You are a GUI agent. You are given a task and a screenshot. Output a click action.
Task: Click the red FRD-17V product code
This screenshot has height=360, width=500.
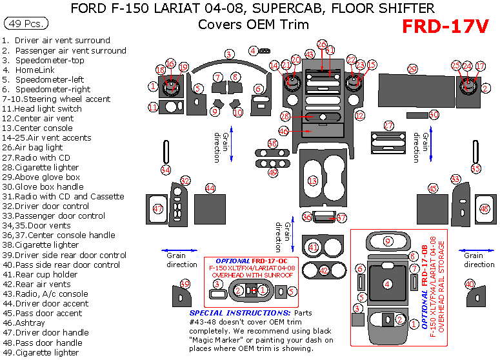click(x=445, y=26)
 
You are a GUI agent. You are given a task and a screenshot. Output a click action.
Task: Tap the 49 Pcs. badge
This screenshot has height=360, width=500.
click(x=25, y=24)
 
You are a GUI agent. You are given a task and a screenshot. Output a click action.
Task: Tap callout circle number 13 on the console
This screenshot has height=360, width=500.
click(x=313, y=181)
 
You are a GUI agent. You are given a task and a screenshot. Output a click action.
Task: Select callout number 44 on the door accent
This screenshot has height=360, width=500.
click(x=210, y=188)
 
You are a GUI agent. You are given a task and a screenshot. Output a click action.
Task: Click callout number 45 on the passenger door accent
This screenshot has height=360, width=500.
click(x=433, y=188)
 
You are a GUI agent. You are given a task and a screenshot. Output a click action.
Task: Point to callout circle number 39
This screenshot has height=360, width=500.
click(x=186, y=285)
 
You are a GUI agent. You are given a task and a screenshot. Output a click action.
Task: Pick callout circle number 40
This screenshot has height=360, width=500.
click(x=470, y=284)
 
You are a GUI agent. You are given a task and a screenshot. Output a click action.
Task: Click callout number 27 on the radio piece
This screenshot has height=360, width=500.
click(x=388, y=125)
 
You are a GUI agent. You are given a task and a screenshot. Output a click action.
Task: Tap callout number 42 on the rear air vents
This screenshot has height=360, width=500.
click(x=324, y=270)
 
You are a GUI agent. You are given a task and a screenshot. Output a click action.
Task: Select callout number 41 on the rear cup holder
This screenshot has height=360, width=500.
click(x=314, y=246)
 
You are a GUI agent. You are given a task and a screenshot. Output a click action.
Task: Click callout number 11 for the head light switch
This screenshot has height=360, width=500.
click(x=153, y=107)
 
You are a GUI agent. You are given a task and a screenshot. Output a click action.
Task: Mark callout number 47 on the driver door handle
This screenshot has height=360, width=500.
click(x=157, y=209)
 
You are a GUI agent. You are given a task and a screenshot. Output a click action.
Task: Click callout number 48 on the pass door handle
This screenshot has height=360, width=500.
click(x=485, y=209)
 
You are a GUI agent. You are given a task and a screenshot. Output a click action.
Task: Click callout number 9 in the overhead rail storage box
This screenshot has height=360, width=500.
click(x=388, y=241)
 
